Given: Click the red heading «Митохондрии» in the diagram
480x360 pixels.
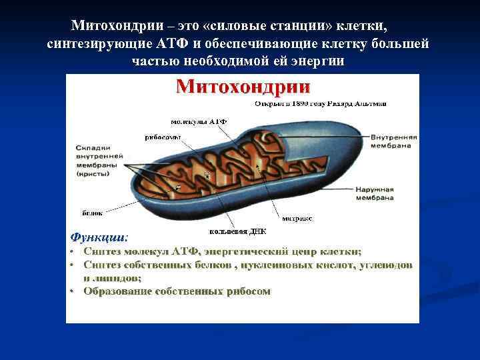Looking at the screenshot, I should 243,87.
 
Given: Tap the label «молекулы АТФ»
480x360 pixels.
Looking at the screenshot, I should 198,123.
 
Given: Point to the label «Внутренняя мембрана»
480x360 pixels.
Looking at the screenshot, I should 394,141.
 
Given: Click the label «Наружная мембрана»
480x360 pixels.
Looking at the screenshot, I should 393,193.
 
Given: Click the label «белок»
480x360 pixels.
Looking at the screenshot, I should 92,213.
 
